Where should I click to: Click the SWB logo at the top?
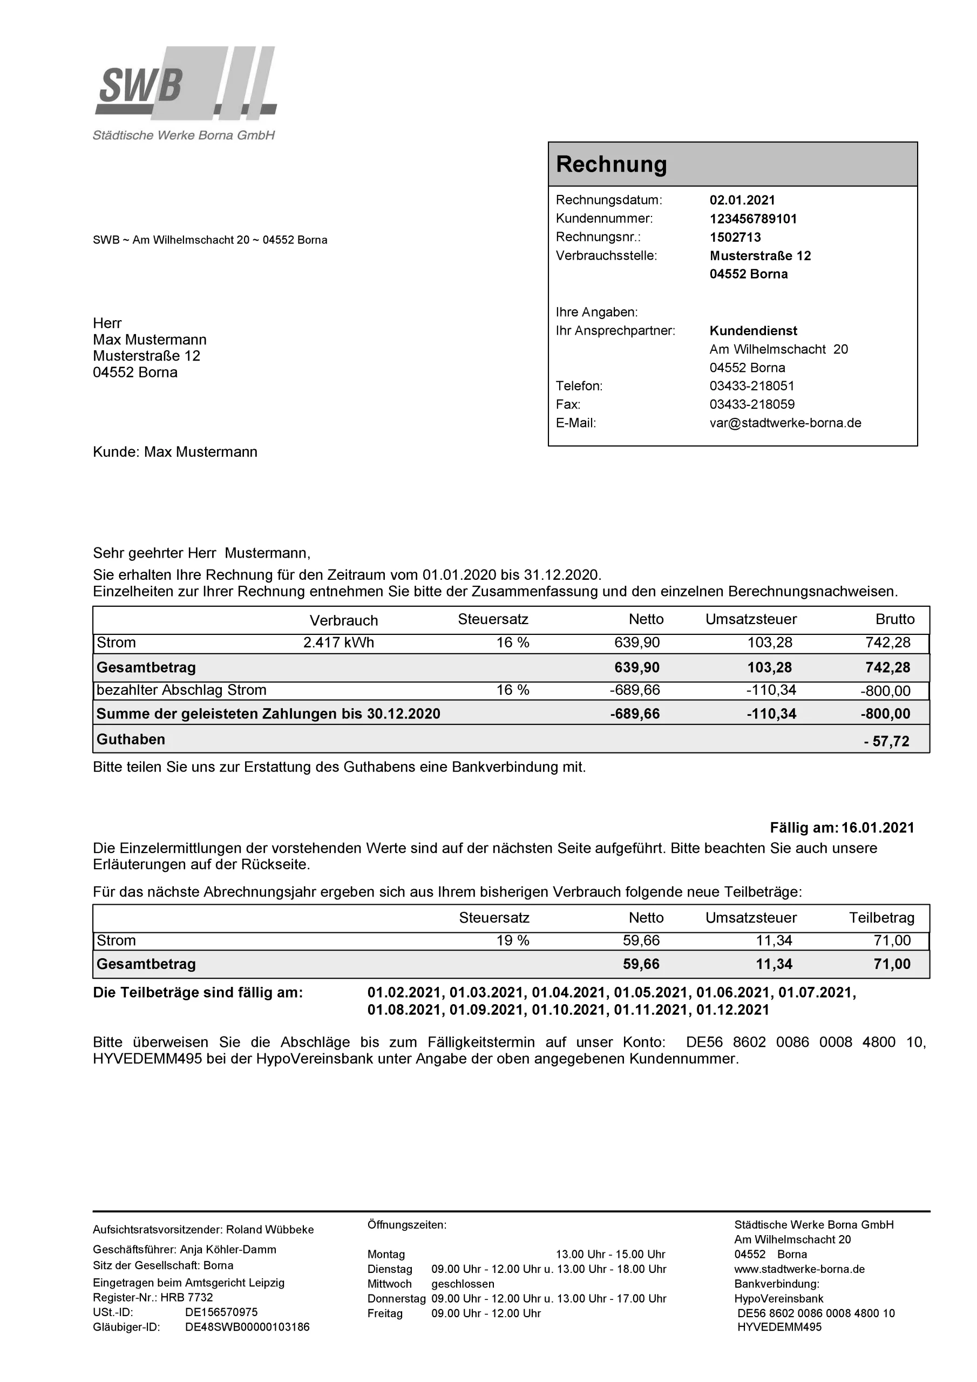pos(185,83)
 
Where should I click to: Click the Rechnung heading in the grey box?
pos(611,164)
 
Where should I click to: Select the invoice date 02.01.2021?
pos(742,200)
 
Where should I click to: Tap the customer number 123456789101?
pos(752,219)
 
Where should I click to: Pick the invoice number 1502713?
pos(735,237)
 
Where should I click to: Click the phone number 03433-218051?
pos(751,386)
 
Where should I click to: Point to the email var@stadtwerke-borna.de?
pos(785,423)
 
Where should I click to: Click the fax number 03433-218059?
pos(751,404)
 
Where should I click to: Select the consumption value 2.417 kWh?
pos(338,643)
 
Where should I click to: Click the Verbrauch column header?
pos(344,621)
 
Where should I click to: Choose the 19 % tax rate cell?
pos(512,941)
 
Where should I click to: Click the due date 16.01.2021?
pos(878,828)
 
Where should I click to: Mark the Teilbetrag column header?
pos(881,918)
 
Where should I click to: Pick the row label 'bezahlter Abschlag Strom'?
pos(181,690)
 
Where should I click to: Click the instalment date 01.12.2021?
pos(732,1010)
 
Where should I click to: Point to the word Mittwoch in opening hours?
pos(390,1284)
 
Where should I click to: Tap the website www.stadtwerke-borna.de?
pos(799,1269)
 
